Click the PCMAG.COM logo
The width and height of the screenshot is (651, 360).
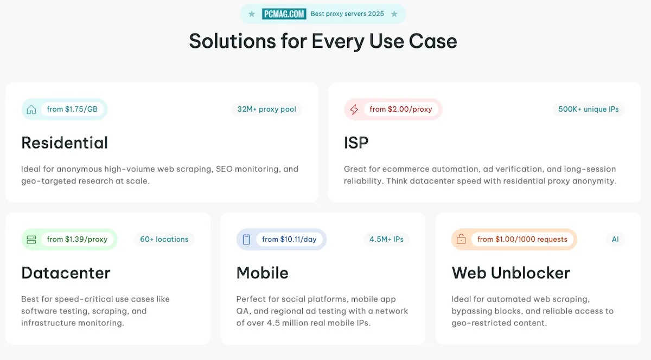click(x=284, y=14)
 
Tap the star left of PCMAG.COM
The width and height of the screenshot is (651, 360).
click(x=252, y=14)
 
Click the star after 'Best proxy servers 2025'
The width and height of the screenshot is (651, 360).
click(x=394, y=14)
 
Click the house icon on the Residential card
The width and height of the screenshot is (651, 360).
click(x=31, y=110)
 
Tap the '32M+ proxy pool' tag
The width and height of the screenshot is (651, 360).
click(x=267, y=110)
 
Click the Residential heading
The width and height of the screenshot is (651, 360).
click(x=65, y=143)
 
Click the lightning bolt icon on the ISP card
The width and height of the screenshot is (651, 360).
click(x=354, y=110)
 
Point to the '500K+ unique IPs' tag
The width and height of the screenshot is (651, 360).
click(x=589, y=110)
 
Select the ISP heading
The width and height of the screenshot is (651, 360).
click(x=356, y=143)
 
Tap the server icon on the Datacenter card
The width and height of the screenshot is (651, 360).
click(x=31, y=240)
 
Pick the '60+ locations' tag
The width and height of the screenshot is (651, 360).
click(x=164, y=240)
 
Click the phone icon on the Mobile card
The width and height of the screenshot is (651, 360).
click(x=246, y=240)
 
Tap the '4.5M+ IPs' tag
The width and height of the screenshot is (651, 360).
click(x=386, y=240)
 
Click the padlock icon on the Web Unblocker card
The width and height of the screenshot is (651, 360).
click(x=461, y=240)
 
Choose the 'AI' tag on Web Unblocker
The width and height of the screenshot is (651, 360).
click(x=615, y=240)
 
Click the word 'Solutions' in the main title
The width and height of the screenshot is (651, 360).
click(x=232, y=41)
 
